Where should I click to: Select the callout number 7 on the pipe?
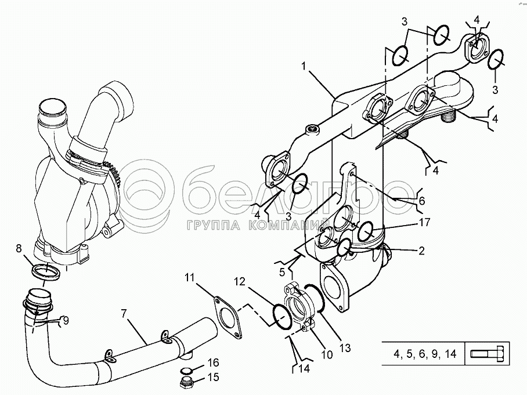point(123,314)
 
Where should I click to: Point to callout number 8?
point(19,249)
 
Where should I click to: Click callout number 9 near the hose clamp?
point(66,320)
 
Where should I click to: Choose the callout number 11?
point(190,278)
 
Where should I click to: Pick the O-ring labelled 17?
point(366,232)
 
